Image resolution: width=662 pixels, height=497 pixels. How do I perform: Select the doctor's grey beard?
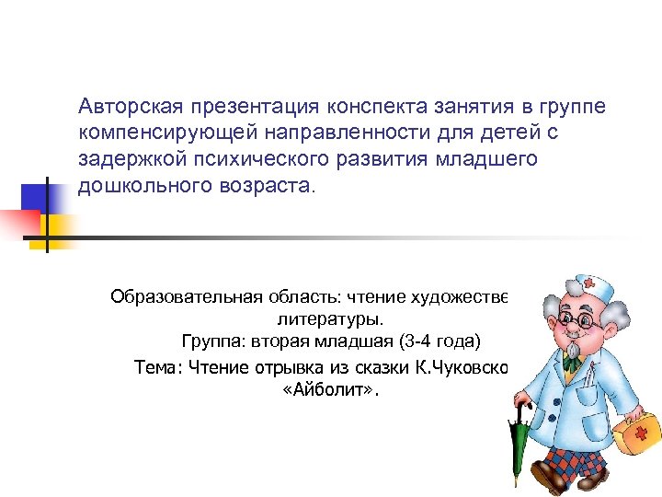coord(571,351)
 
